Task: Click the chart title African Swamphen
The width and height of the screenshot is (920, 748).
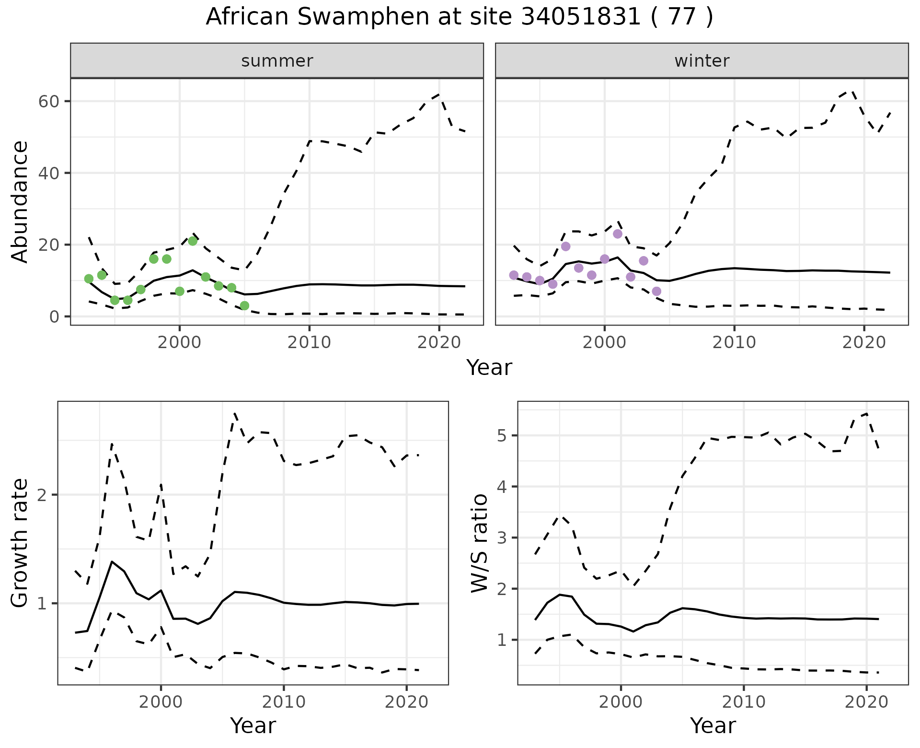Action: click(x=459, y=17)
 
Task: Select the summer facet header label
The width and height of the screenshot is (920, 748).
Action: click(x=277, y=61)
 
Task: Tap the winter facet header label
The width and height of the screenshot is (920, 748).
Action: click(x=701, y=61)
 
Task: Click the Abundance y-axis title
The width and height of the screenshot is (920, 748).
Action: click(x=20, y=201)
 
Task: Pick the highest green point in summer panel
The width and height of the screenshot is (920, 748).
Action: click(x=193, y=241)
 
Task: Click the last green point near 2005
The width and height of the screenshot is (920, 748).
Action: click(x=244, y=306)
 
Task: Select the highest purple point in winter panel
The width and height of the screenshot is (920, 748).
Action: click(x=618, y=234)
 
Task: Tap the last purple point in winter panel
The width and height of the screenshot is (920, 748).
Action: click(x=656, y=292)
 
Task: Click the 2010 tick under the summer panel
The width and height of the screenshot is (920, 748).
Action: click(x=309, y=342)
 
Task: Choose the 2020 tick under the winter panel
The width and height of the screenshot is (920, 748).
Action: click(x=864, y=342)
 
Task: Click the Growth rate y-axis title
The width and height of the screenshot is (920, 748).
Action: click(x=20, y=543)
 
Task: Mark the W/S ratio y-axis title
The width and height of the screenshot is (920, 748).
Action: click(x=479, y=543)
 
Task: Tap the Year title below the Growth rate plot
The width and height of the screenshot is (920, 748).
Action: click(x=253, y=725)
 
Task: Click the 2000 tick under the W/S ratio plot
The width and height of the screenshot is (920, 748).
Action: click(x=621, y=702)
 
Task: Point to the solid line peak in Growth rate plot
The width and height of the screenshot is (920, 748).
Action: click(x=112, y=561)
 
